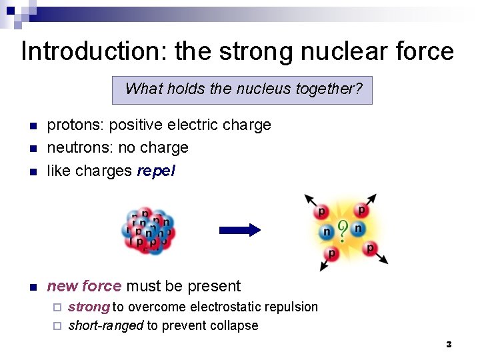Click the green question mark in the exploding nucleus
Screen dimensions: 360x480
pos(343,231)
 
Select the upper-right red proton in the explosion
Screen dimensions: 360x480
pos(361,210)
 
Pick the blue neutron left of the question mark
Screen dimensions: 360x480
pos(327,232)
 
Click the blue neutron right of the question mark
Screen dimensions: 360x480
pos(358,229)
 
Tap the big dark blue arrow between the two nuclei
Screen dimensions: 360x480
pos(240,230)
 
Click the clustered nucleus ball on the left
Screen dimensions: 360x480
pos(148,231)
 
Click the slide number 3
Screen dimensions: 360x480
pos(449,345)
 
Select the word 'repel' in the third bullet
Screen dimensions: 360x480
pos(156,171)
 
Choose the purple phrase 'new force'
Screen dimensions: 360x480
pos(84,286)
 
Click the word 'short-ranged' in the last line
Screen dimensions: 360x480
pos(105,326)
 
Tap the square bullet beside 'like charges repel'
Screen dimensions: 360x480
pos(32,171)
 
